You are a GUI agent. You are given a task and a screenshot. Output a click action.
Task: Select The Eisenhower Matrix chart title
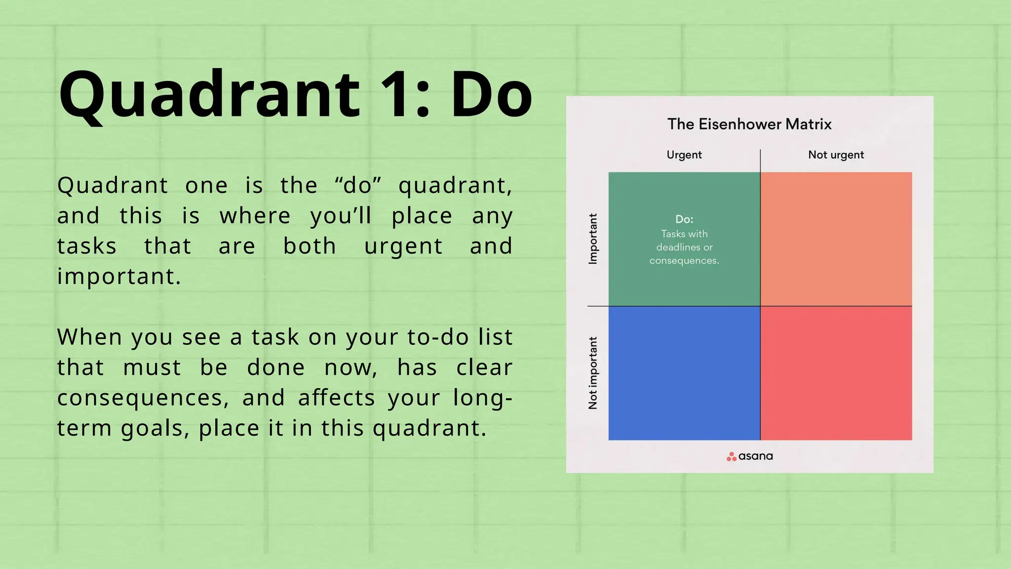(749, 124)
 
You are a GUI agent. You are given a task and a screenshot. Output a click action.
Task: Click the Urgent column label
(684, 155)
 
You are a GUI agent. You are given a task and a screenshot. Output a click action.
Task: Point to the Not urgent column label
(836, 155)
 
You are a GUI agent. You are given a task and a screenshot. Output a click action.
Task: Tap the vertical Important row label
(593, 239)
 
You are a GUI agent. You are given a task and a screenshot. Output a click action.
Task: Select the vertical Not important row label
(593, 373)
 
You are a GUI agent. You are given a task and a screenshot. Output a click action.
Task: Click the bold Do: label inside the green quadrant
(684, 219)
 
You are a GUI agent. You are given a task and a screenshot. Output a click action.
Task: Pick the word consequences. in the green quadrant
(684, 260)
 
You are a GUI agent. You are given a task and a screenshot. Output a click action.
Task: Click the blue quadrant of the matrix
(684, 373)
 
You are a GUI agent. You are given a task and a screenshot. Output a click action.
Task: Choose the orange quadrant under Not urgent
(836, 239)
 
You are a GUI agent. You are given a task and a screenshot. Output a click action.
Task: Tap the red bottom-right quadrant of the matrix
(836, 373)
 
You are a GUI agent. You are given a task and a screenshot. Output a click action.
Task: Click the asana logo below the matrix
(749, 456)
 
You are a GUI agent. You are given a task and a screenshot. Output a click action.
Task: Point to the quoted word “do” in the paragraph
(358, 186)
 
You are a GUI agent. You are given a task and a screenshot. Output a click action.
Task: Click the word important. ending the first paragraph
(119, 276)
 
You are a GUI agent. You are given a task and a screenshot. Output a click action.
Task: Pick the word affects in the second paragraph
(337, 398)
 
